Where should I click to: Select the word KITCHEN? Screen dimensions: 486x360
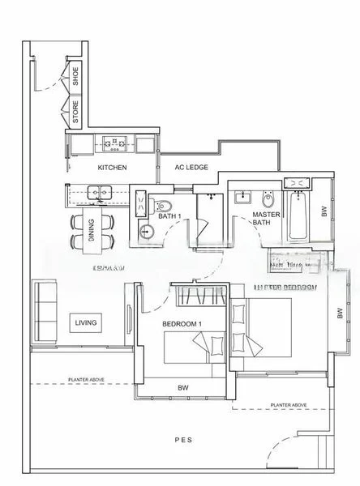pyautogui.click(x=112, y=168)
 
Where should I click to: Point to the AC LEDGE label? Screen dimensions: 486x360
pyautogui.click(x=191, y=168)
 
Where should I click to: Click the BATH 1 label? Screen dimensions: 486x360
pyautogui.click(x=169, y=216)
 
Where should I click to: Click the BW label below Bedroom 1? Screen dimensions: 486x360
pyautogui.click(x=183, y=388)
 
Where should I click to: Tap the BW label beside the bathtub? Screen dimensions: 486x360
pyautogui.click(x=324, y=212)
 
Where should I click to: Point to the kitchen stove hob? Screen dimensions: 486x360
pyautogui.click(x=114, y=144)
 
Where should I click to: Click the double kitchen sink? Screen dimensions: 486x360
pyautogui.click(x=101, y=193)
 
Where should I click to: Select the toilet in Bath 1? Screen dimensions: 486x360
pyautogui.click(x=161, y=203)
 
